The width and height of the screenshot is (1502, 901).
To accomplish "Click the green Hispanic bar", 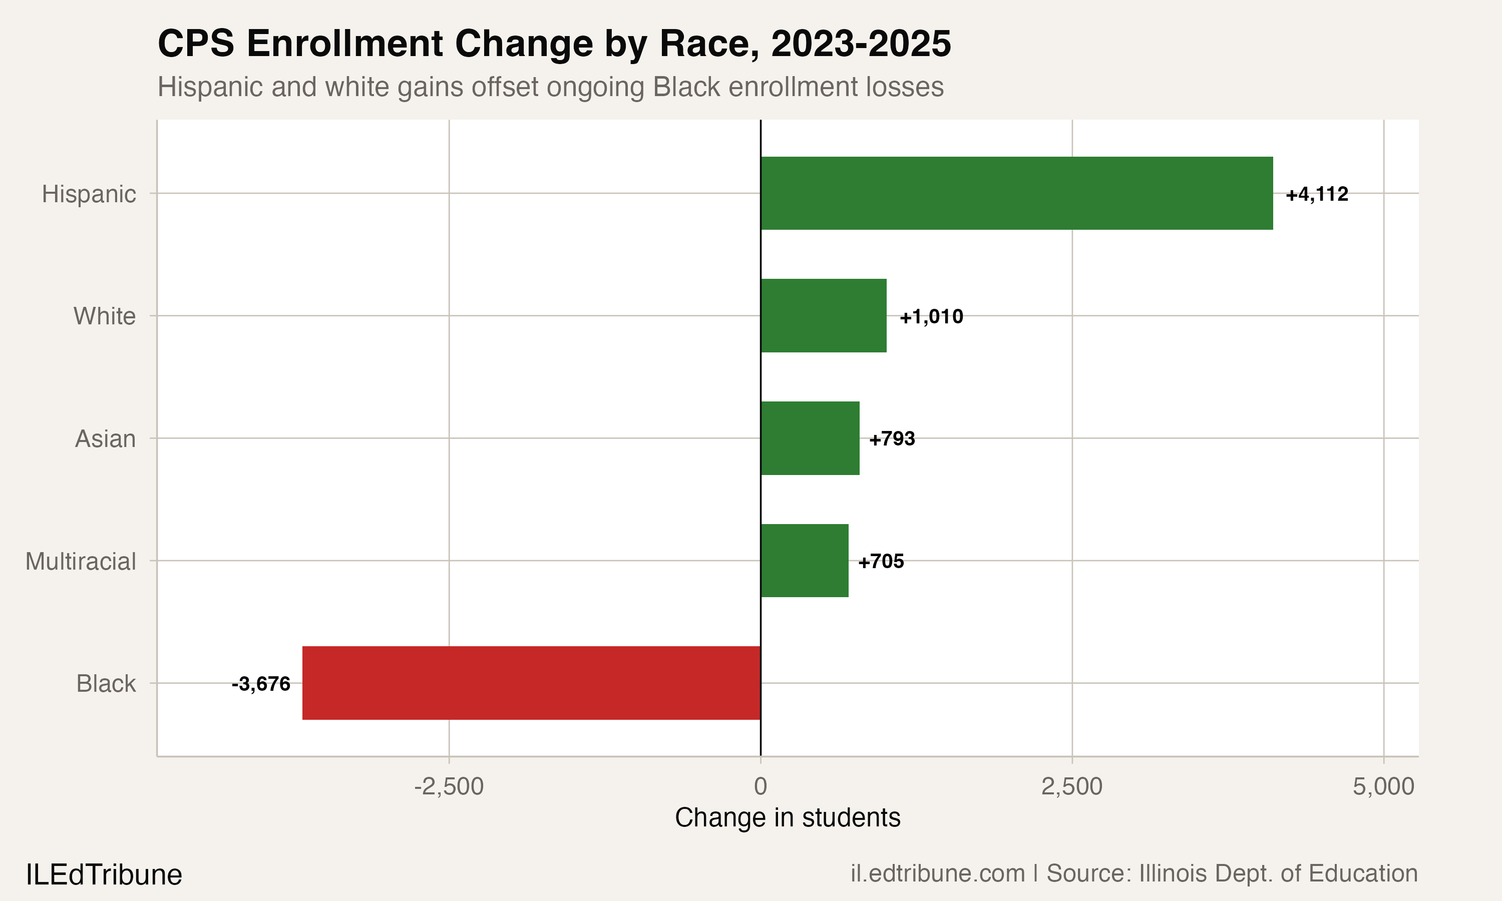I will [1016, 193].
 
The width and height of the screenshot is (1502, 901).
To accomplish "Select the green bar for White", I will [823, 316].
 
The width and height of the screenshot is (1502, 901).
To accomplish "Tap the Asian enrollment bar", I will [810, 438].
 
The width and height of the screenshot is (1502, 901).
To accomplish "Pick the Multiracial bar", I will [805, 561].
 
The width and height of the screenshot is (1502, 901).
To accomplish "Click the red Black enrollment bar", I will [531, 683].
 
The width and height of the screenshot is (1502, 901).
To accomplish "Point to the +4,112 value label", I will [1316, 194].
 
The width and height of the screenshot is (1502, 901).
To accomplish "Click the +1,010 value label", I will [931, 317].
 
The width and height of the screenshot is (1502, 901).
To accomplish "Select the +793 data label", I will [891, 439].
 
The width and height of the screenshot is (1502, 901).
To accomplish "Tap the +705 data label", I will [880, 562].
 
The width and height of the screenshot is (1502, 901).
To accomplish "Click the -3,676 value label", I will [261, 684].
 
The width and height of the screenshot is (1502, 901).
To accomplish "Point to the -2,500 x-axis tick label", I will [449, 787].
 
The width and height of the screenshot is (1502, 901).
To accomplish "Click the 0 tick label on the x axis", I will [760, 787].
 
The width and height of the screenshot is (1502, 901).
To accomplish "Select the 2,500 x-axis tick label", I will [1071, 787].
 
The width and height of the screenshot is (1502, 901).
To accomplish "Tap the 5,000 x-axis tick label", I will [1383, 787].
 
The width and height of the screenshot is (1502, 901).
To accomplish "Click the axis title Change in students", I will [788, 818].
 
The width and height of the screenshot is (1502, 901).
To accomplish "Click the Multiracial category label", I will [81, 562].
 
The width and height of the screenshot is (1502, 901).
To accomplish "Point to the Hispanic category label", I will [89, 194].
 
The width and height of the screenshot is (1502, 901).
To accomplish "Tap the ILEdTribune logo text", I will [104, 875].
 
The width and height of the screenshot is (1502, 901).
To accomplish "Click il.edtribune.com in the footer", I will [937, 873].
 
